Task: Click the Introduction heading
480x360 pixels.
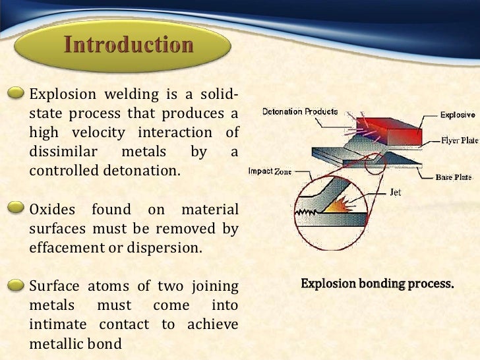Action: coord(129,45)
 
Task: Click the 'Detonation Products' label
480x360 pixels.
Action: coord(300,111)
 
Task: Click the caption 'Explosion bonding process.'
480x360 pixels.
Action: coord(378,284)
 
